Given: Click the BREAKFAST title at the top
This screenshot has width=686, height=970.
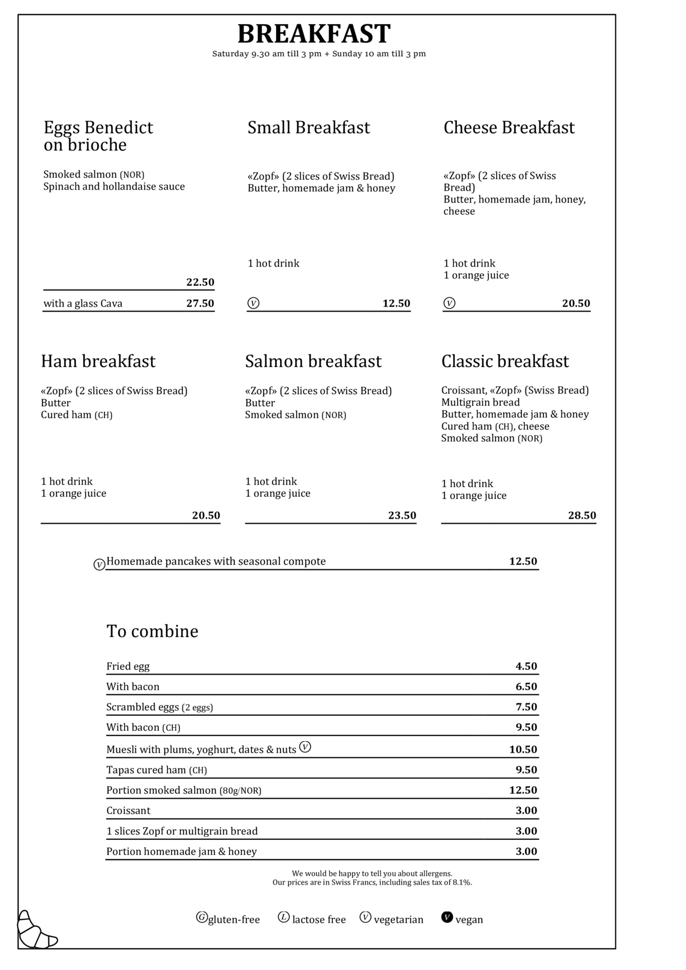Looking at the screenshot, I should pos(314,34).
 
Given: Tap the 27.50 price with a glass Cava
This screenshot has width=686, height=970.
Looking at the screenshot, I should pos(200,304).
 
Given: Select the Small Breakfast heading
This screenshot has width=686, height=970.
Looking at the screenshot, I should pos(309,127).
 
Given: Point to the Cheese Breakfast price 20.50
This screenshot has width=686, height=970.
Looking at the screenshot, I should pos(576,304).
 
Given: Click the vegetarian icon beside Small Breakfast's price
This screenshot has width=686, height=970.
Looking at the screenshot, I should pos(254,304).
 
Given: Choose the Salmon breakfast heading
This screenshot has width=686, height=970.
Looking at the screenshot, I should pos(313,361).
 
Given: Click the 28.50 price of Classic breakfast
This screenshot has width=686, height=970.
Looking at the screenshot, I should pos(582,515).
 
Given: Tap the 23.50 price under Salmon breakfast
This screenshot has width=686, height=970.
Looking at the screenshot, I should pos(402,515).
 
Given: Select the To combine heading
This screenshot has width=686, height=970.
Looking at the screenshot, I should pos(153,631).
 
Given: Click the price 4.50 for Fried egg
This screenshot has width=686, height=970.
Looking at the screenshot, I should pos(527,666).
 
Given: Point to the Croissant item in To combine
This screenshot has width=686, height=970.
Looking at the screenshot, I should pos(129,811).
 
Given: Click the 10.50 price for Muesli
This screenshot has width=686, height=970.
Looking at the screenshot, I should pos(523,749).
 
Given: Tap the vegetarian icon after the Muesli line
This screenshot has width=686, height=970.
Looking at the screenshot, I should pos(305,747).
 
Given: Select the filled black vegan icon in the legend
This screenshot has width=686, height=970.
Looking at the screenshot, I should pos(447,917).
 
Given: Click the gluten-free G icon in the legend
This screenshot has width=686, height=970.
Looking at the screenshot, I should pos(202,917).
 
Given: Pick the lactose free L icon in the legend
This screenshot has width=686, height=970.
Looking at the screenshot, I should pos(283,917).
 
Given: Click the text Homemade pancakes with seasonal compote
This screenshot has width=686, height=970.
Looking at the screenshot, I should pos(216,561).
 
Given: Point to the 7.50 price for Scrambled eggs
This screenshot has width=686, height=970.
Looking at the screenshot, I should pos(527,707).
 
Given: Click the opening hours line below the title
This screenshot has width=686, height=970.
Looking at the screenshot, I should pos(319,54).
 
